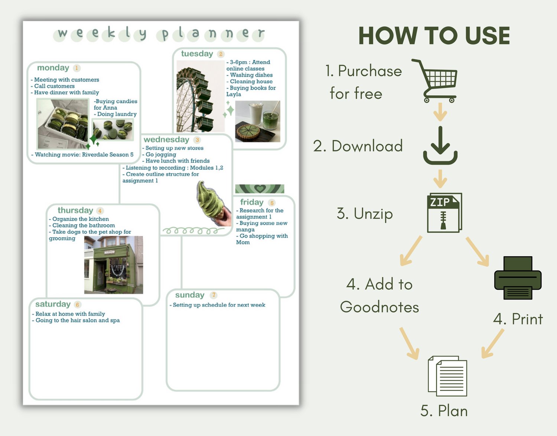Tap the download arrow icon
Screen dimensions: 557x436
(x=440, y=145)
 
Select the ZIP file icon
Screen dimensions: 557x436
(x=444, y=213)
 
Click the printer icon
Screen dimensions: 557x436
(x=518, y=278)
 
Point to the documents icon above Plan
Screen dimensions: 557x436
(x=447, y=376)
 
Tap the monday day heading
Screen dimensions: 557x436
(x=53, y=68)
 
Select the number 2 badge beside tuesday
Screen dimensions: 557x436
(x=221, y=54)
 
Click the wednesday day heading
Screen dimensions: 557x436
(x=166, y=140)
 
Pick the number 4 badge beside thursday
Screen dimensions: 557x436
(x=100, y=211)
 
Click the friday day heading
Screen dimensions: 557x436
(x=252, y=202)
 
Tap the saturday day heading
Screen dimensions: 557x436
(x=53, y=304)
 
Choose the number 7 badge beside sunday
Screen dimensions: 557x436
(x=214, y=295)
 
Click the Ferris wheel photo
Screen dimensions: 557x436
(x=201, y=96)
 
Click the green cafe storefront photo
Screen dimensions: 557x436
(x=114, y=265)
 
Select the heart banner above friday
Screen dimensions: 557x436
(x=260, y=189)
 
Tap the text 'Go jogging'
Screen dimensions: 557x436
(x=161, y=155)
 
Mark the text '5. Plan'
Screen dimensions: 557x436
(x=444, y=411)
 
